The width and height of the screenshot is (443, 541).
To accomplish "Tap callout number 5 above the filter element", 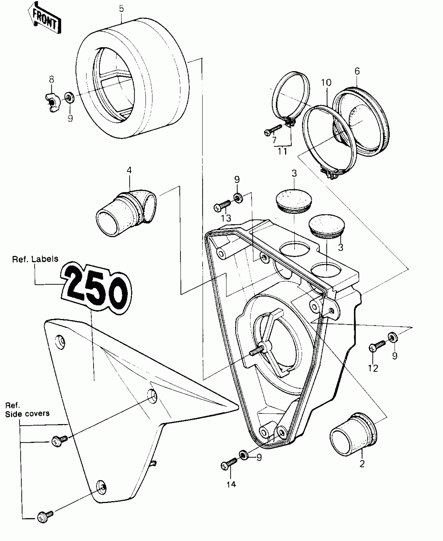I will click(x=121, y=9).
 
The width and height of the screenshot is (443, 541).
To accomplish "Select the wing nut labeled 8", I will click(x=52, y=103).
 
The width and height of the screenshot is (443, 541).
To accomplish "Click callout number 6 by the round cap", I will click(x=357, y=71).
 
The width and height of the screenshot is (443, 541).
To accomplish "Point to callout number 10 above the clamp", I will click(x=326, y=83).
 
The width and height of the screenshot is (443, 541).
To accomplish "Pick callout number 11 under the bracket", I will click(x=282, y=151).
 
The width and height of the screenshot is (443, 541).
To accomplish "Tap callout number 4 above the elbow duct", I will click(x=129, y=170).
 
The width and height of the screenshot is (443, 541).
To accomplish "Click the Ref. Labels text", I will click(x=35, y=259).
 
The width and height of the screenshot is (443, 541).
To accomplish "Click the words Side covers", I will click(x=27, y=414).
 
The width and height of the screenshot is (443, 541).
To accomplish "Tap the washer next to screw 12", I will click(x=393, y=338).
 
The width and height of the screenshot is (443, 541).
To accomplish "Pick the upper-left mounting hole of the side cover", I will click(x=60, y=340).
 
